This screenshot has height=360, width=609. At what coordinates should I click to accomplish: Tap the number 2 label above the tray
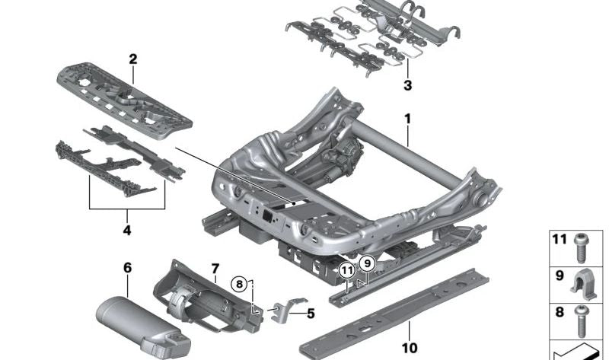132,59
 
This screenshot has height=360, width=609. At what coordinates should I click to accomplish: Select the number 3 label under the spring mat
407,86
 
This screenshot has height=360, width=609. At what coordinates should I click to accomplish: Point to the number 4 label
126,229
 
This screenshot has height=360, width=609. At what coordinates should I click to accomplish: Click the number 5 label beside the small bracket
311,312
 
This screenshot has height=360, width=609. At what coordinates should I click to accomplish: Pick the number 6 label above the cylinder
127,267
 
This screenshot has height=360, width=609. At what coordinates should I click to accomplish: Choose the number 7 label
215,269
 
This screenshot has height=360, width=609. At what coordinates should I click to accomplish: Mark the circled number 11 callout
347,269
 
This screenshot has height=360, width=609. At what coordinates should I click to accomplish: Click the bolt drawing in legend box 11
582,244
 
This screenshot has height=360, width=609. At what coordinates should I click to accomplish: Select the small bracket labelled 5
285,311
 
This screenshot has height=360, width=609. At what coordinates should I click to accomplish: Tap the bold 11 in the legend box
560,241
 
